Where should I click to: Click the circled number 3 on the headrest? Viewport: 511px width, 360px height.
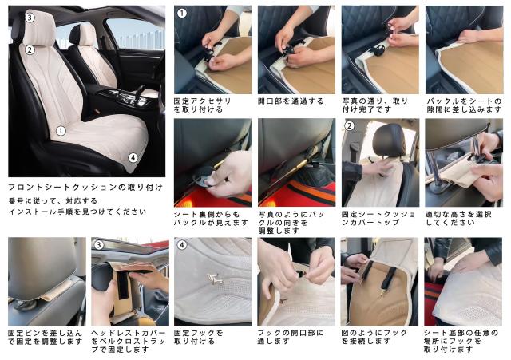(x=30, y=18)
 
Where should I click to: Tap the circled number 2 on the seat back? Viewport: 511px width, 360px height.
(x=30, y=49)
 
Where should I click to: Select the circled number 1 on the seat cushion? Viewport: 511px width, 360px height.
(x=61, y=131)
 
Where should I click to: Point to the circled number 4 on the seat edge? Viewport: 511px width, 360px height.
(x=133, y=158)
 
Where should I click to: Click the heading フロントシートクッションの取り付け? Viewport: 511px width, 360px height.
(x=85, y=188)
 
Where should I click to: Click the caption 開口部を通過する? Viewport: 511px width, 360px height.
(x=291, y=101)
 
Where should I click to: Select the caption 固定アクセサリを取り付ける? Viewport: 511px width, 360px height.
(x=202, y=105)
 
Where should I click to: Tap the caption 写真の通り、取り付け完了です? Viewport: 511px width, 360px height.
(x=375, y=105)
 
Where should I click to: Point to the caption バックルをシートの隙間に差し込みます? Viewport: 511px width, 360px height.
(x=464, y=105)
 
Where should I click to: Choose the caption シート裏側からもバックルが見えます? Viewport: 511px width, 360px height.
(x=211, y=218)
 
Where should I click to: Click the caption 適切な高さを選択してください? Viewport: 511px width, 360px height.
(x=458, y=218)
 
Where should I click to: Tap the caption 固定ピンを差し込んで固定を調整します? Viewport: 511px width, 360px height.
(x=46, y=337)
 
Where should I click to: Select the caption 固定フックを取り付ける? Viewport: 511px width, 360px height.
(x=199, y=337)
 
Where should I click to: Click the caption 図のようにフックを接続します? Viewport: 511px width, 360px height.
(x=374, y=337)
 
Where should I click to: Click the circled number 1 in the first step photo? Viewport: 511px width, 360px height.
(x=181, y=14)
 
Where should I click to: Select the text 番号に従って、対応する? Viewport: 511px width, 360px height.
(x=53, y=200)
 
